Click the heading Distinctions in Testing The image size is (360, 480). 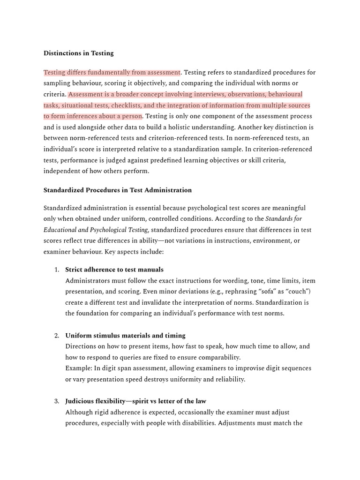(78, 53)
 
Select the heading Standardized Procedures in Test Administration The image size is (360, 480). (117, 190)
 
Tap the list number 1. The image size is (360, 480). (56, 270)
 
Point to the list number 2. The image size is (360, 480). (56, 336)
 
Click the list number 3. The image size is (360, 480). (56, 401)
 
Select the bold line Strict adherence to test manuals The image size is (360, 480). (114, 270)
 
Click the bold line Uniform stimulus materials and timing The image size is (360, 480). (125, 336)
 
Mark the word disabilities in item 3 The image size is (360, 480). (194, 423)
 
